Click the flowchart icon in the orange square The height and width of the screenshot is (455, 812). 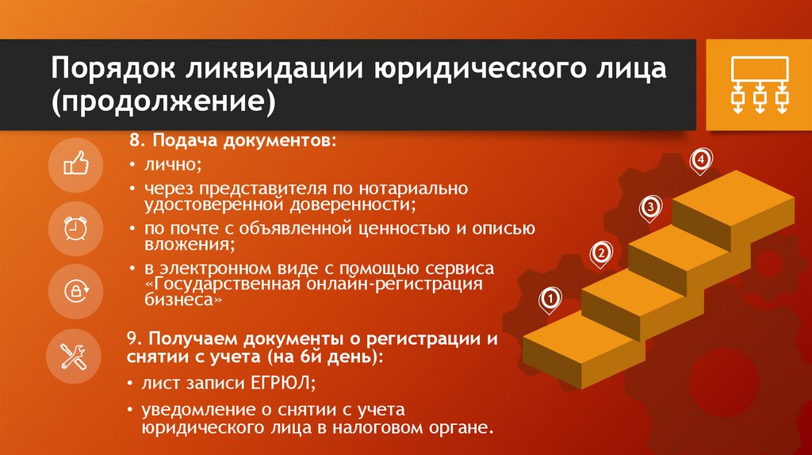(x=759, y=86)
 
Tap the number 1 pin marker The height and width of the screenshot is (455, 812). (x=550, y=298)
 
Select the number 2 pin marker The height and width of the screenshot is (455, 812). (x=601, y=253)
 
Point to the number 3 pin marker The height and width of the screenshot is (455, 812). (x=649, y=207)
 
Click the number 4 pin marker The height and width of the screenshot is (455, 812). (x=699, y=161)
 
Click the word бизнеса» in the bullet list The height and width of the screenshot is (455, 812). (x=180, y=302)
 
